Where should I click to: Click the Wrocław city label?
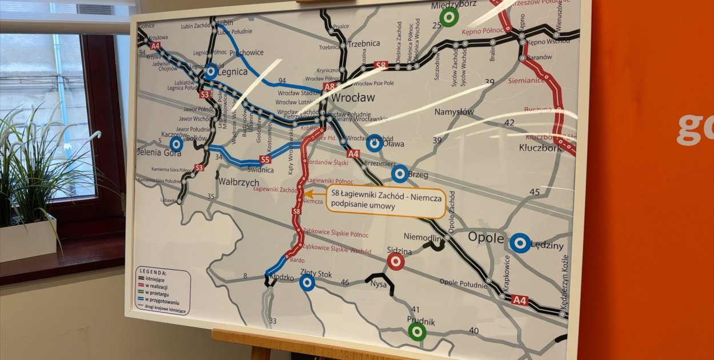point(354,97)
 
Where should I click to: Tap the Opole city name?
point(486,237)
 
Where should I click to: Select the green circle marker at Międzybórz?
point(450,17)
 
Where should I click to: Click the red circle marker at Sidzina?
point(395,262)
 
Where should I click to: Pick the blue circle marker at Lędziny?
point(520,243)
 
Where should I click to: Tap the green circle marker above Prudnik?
point(417,331)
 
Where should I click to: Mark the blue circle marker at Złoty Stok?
point(307,282)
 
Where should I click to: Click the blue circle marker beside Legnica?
point(210,72)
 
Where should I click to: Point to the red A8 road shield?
point(330,87)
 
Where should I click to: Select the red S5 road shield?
point(265,159)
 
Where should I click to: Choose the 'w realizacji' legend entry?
point(155,285)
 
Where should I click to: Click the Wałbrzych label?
point(238,182)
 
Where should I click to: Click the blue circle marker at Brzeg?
point(400,174)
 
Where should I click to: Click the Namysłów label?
point(454,112)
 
